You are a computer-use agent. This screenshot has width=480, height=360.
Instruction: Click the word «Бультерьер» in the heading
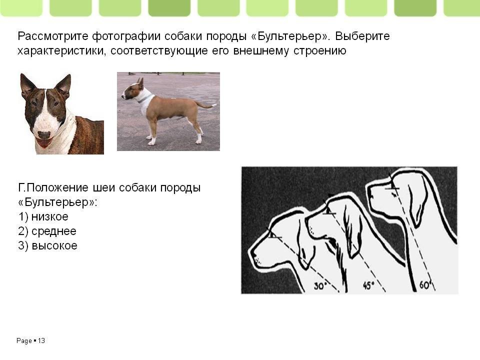coord(292,36)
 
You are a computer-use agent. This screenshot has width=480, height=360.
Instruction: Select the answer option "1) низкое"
coord(43,216)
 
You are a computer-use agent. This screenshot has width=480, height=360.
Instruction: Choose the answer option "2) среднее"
coord(47,231)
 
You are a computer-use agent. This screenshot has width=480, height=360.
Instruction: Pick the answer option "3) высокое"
coord(48,245)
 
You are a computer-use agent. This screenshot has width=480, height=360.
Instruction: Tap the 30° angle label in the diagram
coord(320,286)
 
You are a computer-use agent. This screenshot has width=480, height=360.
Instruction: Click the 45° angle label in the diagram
coord(368,285)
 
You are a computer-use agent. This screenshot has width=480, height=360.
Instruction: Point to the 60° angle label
coord(425,284)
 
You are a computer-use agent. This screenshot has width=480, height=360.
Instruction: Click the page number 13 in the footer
coord(41,340)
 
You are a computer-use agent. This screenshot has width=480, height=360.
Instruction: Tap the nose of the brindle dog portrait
coord(44,135)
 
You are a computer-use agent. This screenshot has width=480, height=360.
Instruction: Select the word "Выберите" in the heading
coord(362,36)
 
